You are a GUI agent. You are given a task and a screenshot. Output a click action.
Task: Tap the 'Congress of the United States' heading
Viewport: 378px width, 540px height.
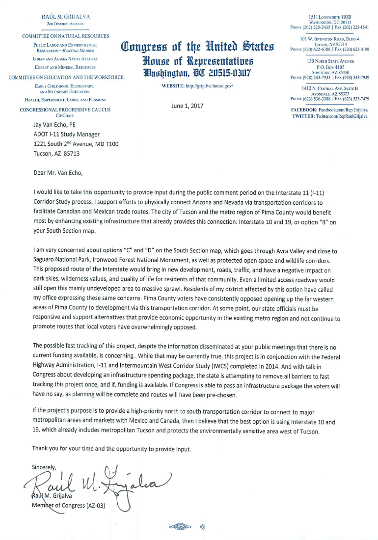pos(197,48)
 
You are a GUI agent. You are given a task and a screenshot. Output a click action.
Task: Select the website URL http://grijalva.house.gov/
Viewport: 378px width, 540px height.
pos(197,85)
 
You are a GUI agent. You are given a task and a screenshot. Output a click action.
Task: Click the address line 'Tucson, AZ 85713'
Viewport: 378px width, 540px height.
pos(56,153)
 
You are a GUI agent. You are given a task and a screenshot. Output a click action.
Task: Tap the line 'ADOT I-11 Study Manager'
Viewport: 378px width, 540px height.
pos(66,134)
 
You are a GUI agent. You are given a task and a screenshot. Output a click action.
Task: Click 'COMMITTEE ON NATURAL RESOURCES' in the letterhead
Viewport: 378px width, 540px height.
pos(65,36)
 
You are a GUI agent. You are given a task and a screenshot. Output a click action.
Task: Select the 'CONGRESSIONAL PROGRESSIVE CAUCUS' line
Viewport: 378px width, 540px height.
pos(65,109)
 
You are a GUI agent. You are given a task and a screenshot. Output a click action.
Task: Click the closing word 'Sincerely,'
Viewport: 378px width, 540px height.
pos(44,467)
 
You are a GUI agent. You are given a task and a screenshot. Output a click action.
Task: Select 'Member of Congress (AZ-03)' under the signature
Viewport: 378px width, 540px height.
pos(69,505)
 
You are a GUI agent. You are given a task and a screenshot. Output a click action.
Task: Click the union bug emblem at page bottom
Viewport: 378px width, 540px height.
pos(179,527)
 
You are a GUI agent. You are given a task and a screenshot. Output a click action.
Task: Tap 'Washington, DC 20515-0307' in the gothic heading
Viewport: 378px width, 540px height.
pos(197,73)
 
